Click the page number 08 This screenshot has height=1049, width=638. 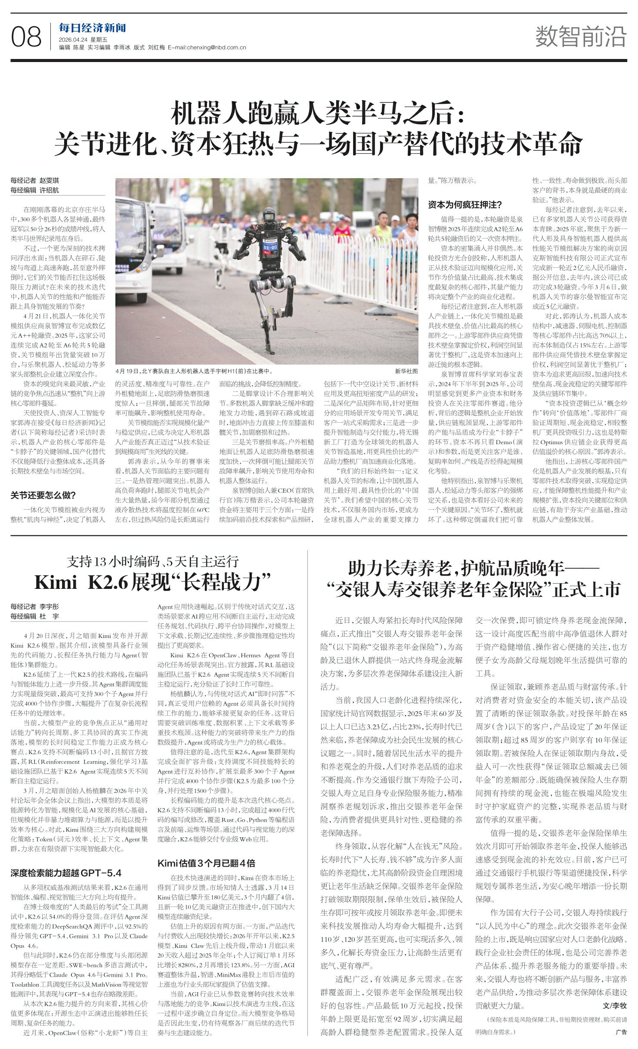pos(26,37)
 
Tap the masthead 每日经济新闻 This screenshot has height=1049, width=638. pos(92,28)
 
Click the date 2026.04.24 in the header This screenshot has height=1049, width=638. pos(74,40)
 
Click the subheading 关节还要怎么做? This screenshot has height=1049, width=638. pos(43,495)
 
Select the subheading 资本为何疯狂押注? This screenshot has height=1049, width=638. pos(465,205)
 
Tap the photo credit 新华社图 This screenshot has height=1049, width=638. pos(406,371)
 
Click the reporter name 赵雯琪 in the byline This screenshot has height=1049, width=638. pos(49,181)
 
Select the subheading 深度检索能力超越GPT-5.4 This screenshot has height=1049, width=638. pos(66,873)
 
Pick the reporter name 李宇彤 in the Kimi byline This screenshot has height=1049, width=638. pos(49,607)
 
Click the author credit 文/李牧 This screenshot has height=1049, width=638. pos(614,1006)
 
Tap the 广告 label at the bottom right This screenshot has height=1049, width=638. pos(621,1032)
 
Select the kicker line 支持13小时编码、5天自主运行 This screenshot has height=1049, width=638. pos(152,562)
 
